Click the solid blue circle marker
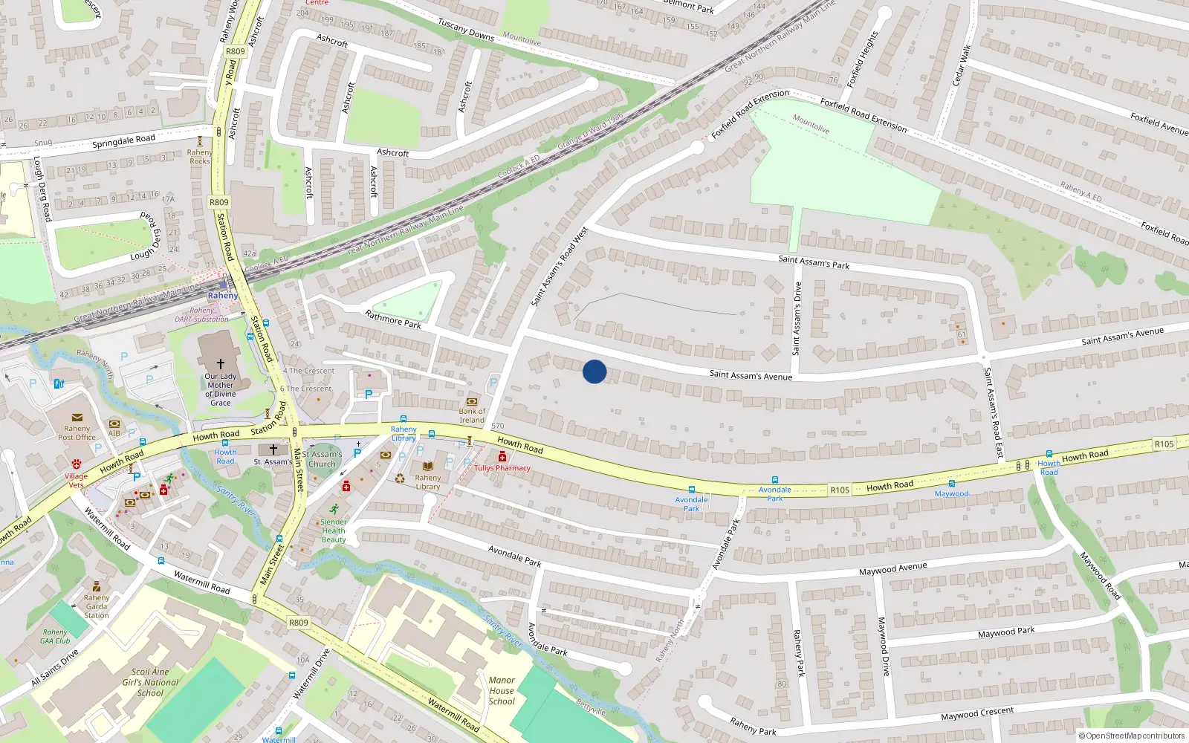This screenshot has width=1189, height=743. pos(594,371)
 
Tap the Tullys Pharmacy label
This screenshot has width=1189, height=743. pos(502,468)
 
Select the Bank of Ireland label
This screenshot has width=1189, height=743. pos(472,415)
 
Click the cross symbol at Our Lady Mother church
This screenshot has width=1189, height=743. pos(221,364)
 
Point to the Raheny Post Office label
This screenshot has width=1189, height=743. pos(77,432)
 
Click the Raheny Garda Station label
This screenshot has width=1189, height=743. pos(97,606)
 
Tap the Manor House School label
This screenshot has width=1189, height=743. pos(502,690)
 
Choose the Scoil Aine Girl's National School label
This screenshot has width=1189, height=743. pos(150,682)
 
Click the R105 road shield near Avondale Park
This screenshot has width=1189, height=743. pos(840,490)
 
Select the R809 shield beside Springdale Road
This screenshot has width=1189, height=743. pos(219,202)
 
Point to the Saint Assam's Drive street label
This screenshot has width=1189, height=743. pos(797,318)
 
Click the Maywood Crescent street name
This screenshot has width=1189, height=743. pos(977,713)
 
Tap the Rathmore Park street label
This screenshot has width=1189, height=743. pos(393,319)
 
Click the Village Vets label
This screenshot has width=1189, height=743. pos(76,481)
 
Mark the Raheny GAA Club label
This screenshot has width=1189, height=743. pos(55,637)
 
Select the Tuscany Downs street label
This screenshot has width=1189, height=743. pos(466,30)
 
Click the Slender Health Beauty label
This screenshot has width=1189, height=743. pos(334,531)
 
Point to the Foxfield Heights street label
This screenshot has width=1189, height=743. pos(862,59)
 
